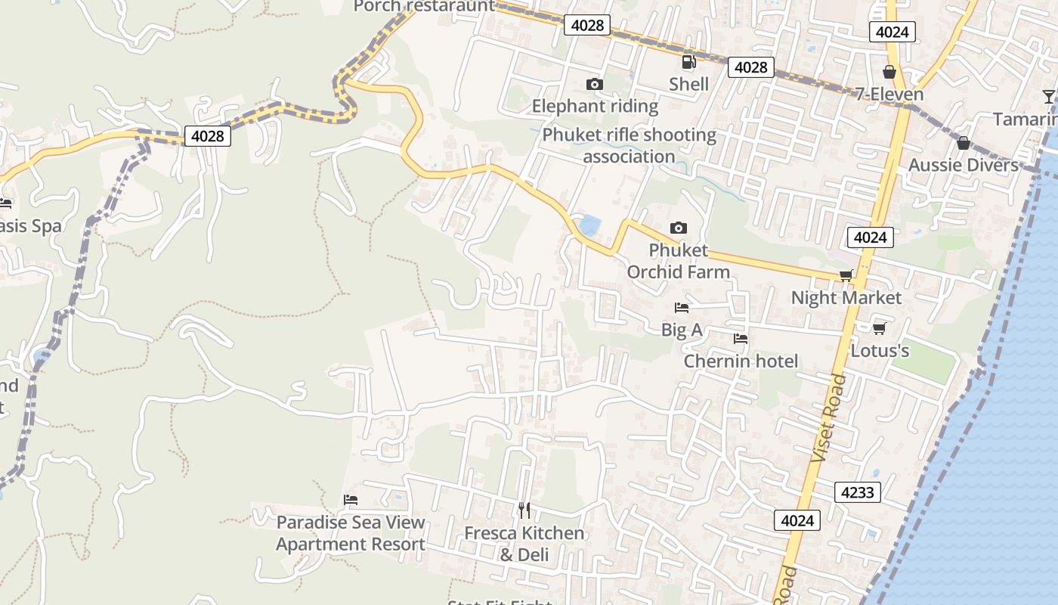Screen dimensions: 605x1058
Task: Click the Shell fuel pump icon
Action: click(688, 62)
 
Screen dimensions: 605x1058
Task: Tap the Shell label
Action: click(688, 84)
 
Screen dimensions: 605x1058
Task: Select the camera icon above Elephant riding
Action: click(595, 84)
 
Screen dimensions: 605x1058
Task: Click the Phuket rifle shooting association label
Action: click(629, 146)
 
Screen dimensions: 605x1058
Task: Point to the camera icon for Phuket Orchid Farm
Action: click(679, 228)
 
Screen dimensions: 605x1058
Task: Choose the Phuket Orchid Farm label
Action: click(679, 261)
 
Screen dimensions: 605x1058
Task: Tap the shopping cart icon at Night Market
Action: click(846, 276)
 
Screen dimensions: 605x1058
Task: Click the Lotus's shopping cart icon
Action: click(879, 328)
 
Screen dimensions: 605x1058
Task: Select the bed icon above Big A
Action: click(682, 308)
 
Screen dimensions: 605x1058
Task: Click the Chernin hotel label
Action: click(741, 361)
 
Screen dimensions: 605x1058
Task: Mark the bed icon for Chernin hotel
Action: click(741, 340)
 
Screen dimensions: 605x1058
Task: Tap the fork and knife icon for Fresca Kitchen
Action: click(524, 510)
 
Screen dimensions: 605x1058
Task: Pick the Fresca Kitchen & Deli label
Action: click(524, 544)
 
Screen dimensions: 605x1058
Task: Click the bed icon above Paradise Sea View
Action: click(351, 500)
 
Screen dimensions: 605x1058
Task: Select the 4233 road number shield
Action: click(858, 493)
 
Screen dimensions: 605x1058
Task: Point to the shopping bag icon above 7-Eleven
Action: click(889, 72)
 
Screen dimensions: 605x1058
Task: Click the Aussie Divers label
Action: click(963, 165)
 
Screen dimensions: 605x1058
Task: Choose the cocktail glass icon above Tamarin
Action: click(1048, 97)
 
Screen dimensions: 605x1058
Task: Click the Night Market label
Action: click(846, 298)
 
